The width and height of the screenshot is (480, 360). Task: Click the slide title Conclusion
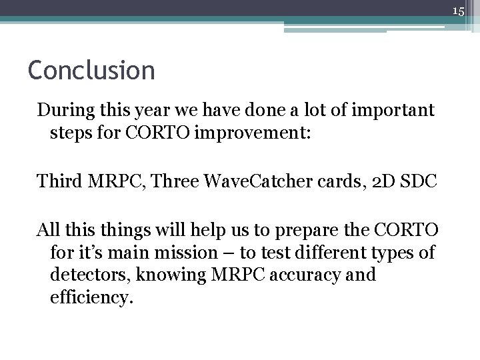[91, 69]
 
